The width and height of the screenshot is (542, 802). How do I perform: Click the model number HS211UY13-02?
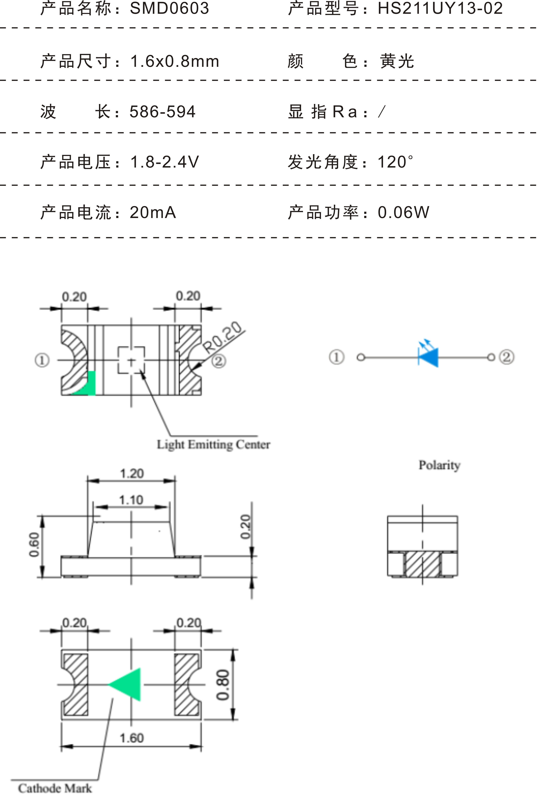pyautogui.click(x=440, y=9)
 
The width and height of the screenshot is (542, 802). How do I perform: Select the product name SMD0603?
pyautogui.click(x=169, y=9)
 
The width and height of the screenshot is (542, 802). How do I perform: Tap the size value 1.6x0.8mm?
pyautogui.click(x=175, y=61)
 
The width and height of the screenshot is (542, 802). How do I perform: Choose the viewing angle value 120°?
pyautogui.click(x=395, y=162)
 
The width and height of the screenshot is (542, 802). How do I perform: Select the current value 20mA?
pyautogui.click(x=153, y=212)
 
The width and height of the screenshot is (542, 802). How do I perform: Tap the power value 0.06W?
pyautogui.click(x=404, y=212)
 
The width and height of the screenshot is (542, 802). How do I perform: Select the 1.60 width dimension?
pyautogui.click(x=132, y=738)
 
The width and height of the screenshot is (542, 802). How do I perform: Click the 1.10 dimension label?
pyautogui.click(x=131, y=500)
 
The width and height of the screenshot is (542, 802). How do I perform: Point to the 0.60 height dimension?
pyautogui.click(x=34, y=545)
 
